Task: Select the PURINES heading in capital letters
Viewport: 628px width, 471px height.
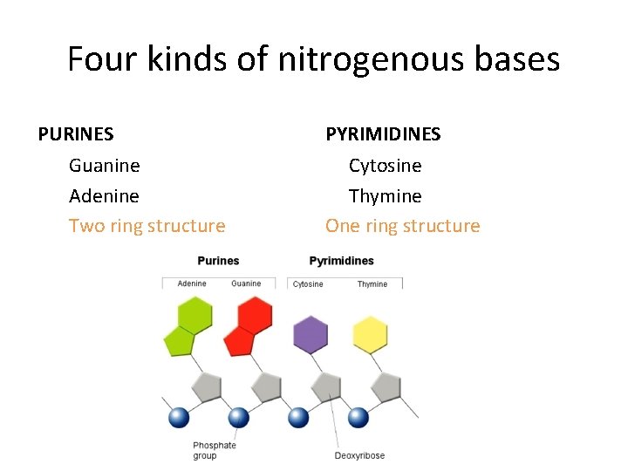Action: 76,134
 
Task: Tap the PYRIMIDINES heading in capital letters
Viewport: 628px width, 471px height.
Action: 383,134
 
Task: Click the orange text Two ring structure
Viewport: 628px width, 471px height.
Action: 147,227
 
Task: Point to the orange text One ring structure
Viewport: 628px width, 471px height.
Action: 402,227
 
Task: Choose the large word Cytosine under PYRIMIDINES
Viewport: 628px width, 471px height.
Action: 385,166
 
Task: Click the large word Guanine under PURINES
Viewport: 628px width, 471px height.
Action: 104,166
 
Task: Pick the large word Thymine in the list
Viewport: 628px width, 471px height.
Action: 385,196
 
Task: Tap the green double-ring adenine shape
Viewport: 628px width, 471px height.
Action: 188,326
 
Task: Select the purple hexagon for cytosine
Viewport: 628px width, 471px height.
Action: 311,335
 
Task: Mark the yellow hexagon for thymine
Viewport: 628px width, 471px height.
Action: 370,335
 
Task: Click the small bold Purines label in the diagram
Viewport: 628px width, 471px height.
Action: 218,261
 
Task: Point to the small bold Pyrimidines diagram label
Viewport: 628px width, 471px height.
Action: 341,261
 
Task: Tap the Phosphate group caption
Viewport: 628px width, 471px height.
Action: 215,450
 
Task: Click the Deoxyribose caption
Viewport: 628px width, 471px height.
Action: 359,455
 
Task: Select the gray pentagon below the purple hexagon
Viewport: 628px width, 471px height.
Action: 326,386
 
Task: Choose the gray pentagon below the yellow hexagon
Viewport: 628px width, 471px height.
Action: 386,386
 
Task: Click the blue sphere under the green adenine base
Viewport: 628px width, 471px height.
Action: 179,418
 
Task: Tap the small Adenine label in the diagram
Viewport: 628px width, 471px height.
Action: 192,283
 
